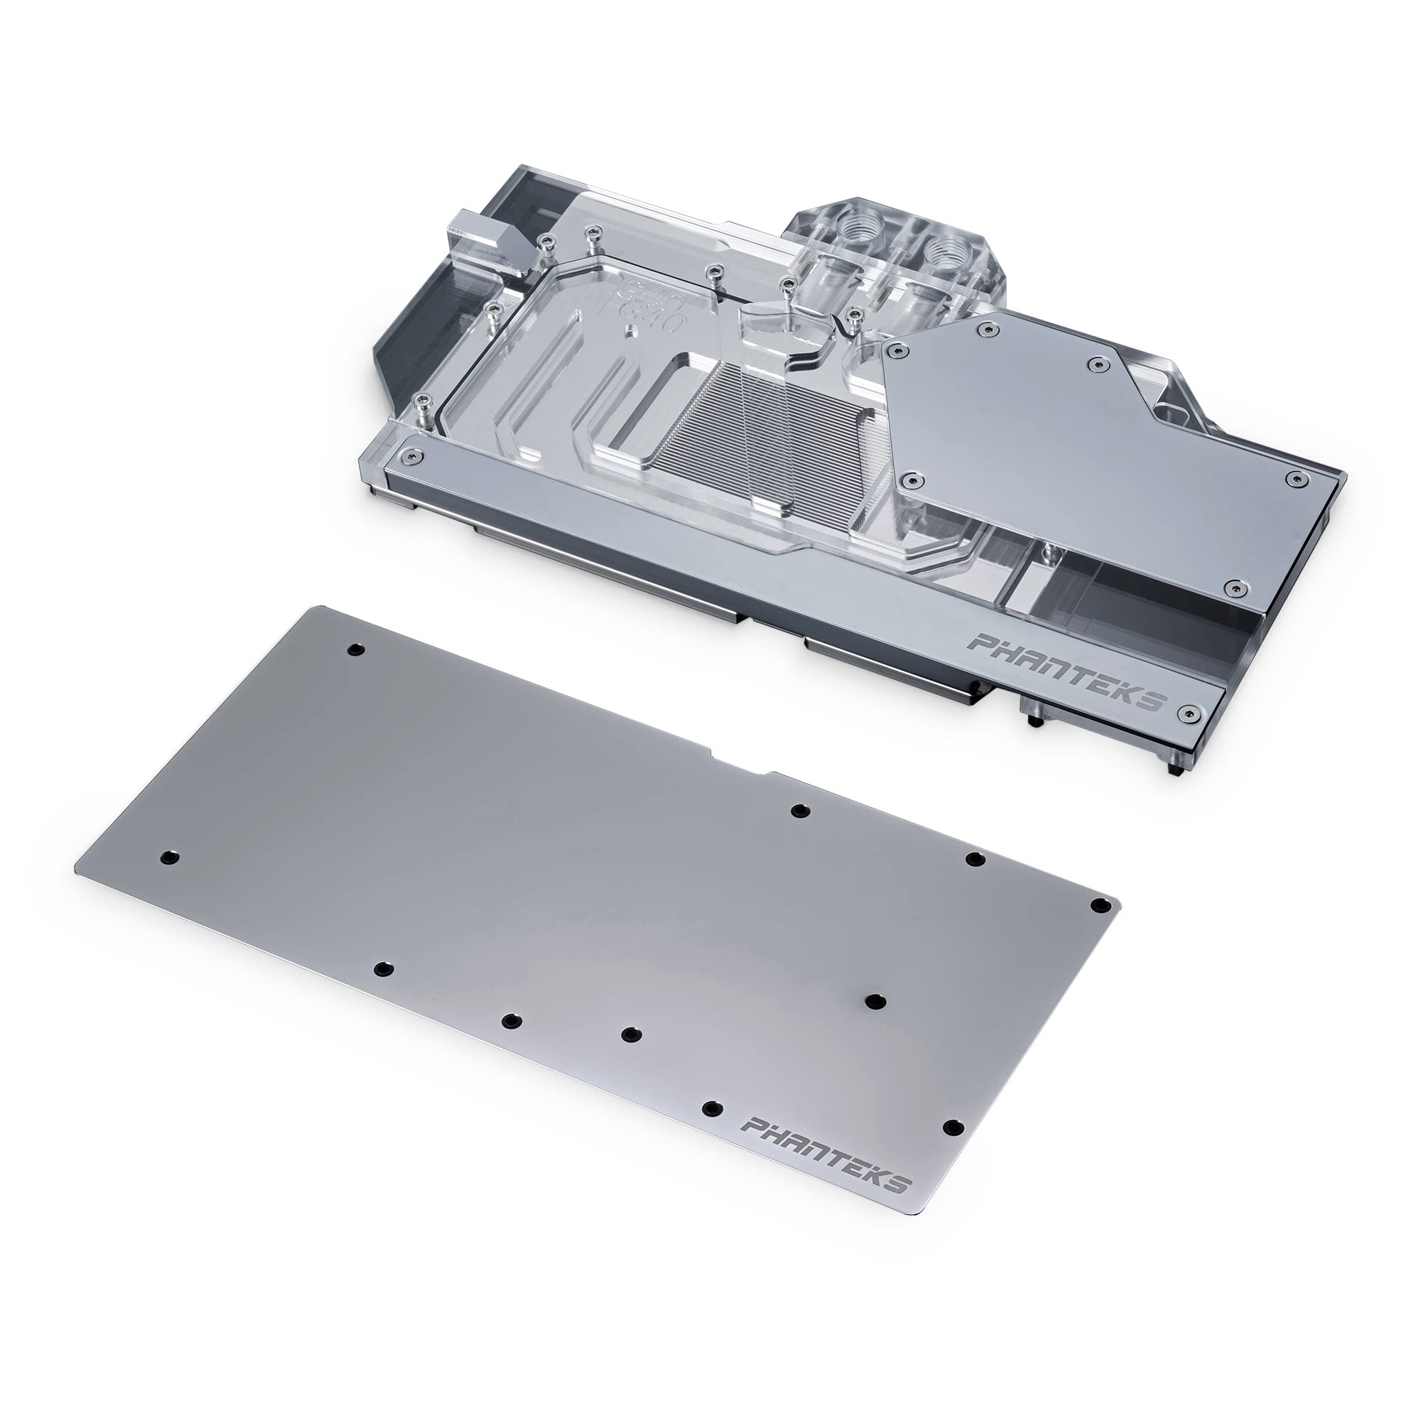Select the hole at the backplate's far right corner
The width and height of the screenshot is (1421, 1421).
coord(1101,904)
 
